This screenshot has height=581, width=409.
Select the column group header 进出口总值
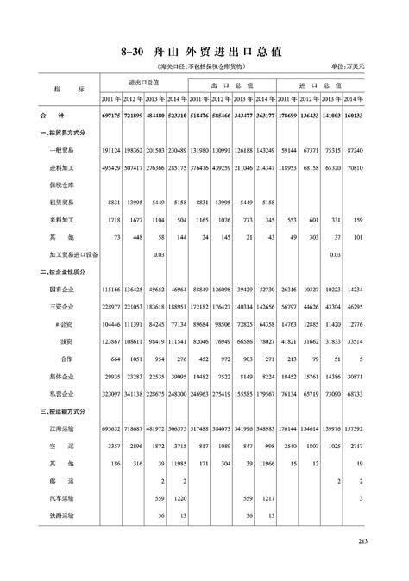pos(144,83)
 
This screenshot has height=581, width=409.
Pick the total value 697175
pos(111,115)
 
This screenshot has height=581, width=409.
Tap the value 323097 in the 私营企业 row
pos(111,394)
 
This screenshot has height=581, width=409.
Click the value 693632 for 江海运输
pos(111,429)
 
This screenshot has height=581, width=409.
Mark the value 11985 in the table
pos(178,464)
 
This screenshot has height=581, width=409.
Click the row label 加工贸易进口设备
pos(75,254)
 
